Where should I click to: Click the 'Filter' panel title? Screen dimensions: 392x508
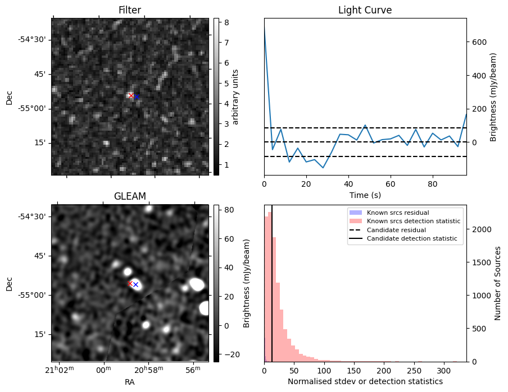pos(129,10)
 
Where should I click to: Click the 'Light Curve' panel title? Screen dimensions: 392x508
pos(365,10)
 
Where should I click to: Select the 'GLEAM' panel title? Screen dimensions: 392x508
pos(129,196)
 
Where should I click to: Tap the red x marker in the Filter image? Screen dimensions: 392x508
pos(131,95)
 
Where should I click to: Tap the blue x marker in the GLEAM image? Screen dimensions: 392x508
pos(135,285)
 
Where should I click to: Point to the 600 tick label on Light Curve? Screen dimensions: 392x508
pos(479,42)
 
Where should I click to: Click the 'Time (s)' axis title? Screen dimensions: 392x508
pos(365,194)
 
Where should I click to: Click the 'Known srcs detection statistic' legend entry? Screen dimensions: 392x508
pos(413,221)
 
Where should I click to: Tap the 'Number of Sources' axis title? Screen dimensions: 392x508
pos(498,283)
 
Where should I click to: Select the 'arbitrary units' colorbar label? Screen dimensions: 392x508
pos(235,96)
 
